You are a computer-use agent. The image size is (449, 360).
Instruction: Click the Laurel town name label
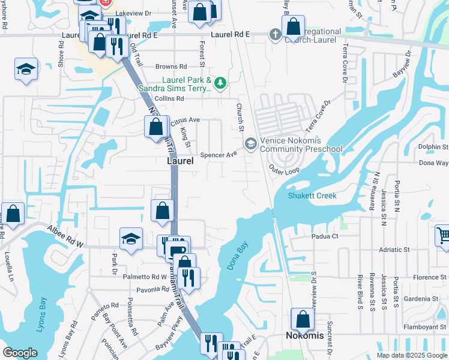pyautogui.click(x=180, y=161)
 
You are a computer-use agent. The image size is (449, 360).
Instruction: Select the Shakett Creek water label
pyautogui.click(x=312, y=196)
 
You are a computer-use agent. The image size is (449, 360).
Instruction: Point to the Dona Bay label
pyautogui.click(x=238, y=256)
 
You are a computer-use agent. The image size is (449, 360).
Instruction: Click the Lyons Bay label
pyautogui.click(x=43, y=311)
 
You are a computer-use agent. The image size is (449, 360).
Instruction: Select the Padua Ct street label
pyautogui.click(x=325, y=236)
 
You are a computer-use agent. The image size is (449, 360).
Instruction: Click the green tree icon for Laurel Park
pyautogui.click(x=220, y=82)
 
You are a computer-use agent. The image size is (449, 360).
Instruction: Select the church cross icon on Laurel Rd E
pyautogui.click(x=276, y=34)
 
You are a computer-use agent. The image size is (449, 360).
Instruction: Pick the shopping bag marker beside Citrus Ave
pyautogui.click(x=155, y=127)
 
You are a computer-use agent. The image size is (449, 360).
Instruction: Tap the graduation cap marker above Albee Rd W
pyautogui.click(x=131, y=239)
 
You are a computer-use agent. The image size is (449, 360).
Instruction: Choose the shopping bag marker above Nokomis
pyautogui.click(x=303, y=319)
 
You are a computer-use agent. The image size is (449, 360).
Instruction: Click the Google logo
pyautogui.click(x=20, y=353)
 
